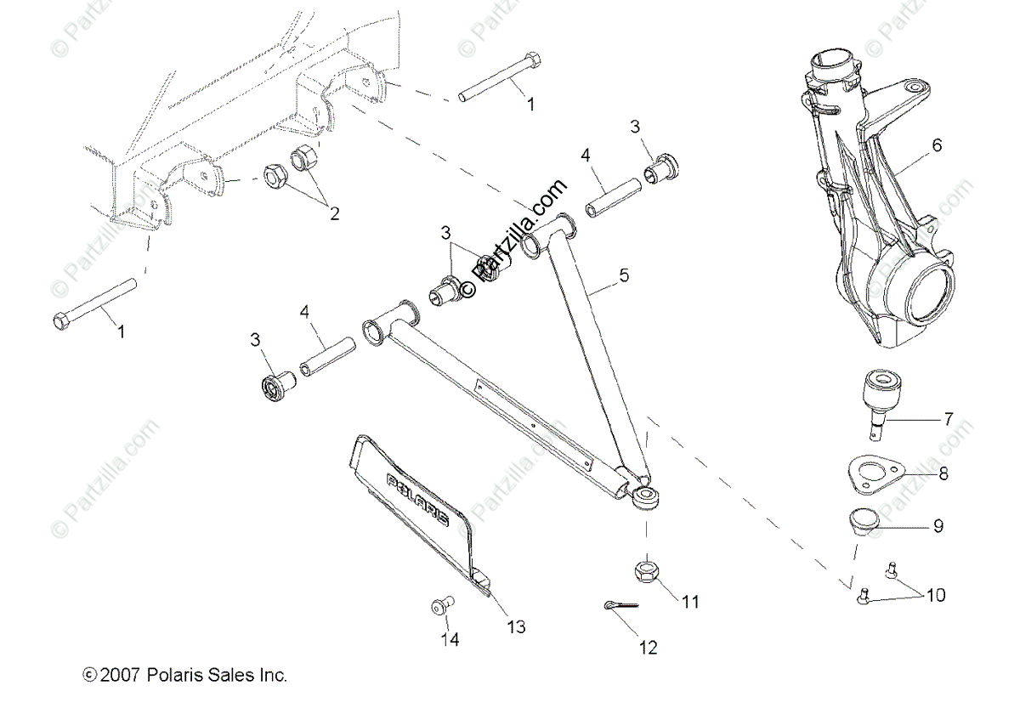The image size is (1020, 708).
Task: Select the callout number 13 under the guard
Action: (x=516, y=627)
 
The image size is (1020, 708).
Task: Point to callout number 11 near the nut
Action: (x=689, y=602)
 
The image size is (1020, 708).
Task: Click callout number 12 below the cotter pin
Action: (x=648, y=648)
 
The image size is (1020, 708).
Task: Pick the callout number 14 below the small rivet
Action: (x=450, y=640)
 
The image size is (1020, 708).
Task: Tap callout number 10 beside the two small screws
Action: (x=934, y=595)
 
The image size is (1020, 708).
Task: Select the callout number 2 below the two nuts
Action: (x=334, y=214)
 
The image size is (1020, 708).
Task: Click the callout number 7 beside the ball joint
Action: (x=948, y=419)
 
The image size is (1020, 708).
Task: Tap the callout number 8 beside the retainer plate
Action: (x=943, y=474)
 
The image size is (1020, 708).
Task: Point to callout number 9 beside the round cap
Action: (x=938, y=526)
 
